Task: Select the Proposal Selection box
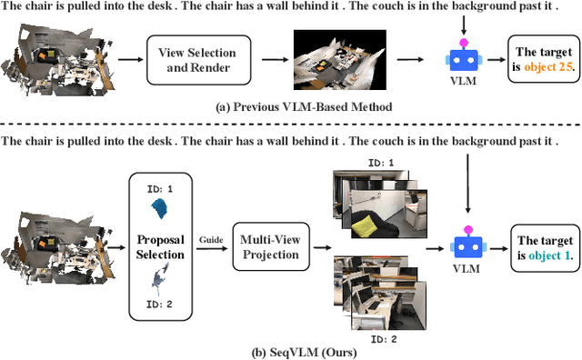[161, 246]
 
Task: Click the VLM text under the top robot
[464, 82]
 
